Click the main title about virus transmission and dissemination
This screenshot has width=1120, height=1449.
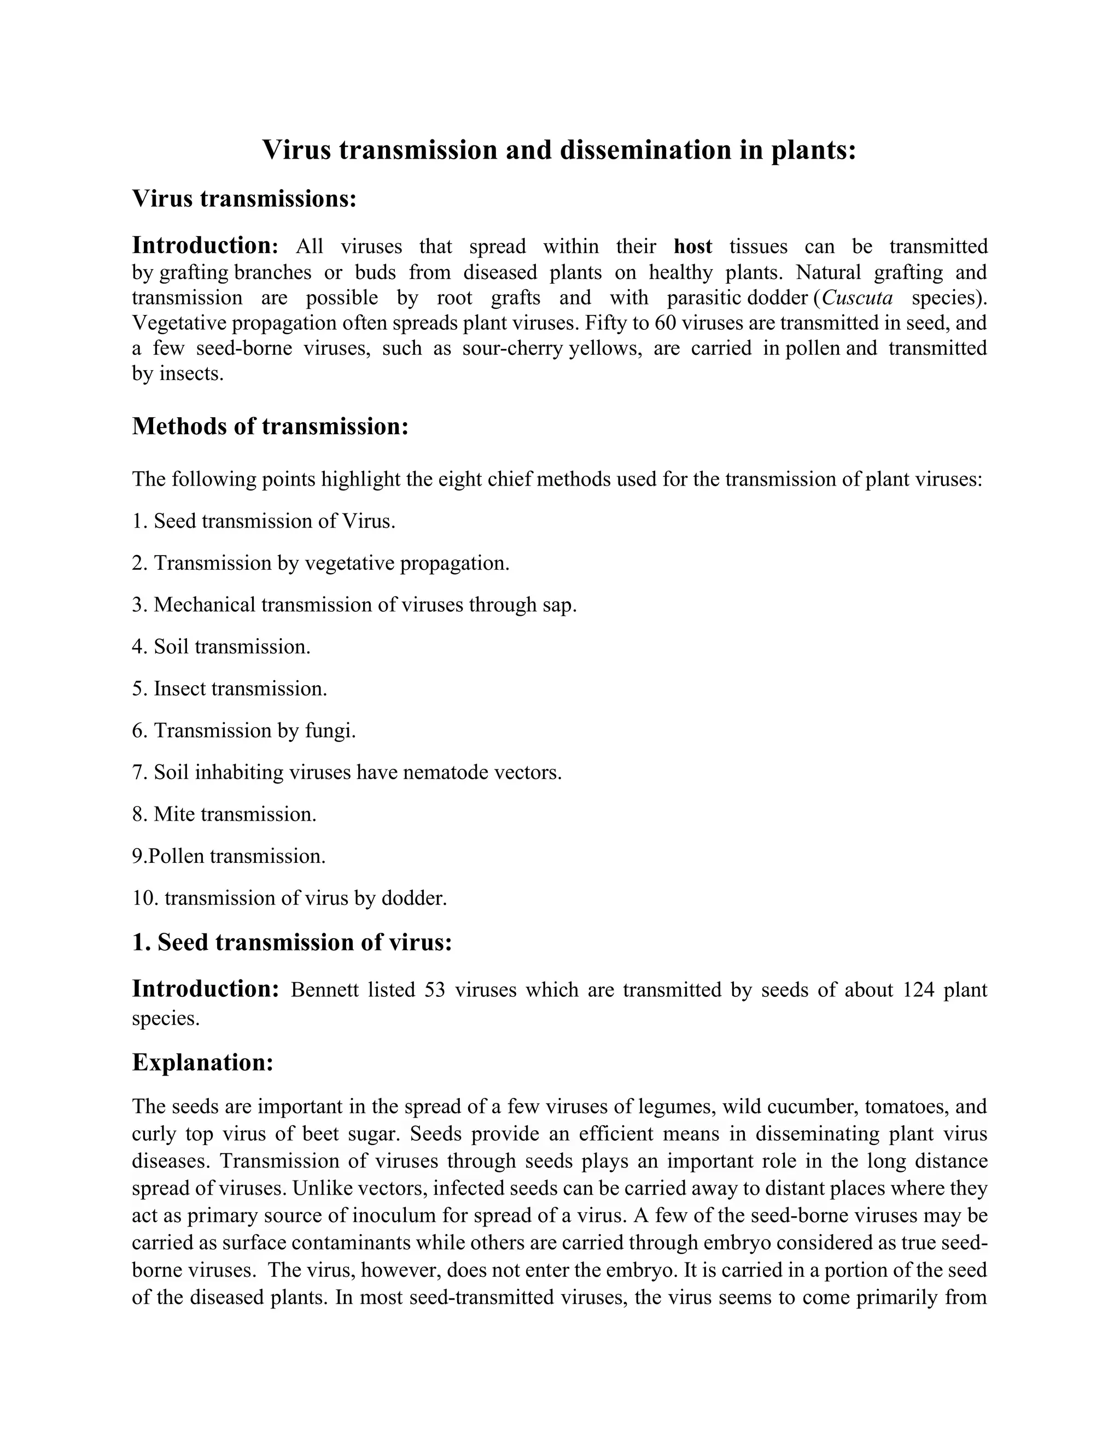559,150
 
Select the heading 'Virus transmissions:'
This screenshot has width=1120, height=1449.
244,198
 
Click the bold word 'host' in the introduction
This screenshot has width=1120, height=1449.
693,247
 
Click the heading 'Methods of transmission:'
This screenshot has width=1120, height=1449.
270,426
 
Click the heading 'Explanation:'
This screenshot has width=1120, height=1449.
202,1062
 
